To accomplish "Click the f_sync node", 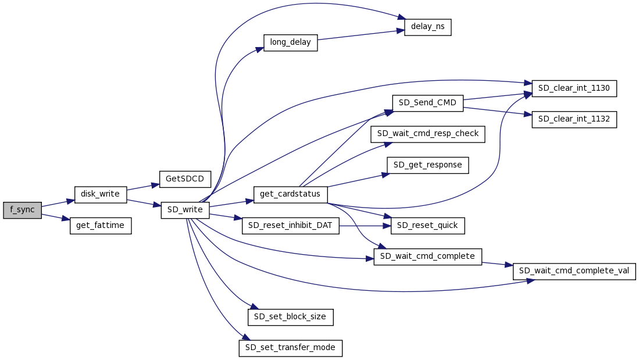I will click(x=22, y=210).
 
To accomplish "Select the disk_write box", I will click(x=100, y=194).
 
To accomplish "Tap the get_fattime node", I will click(x=101, y=226).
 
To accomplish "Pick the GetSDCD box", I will click(x=185, y=179).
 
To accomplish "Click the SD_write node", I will click(x=185, y=210).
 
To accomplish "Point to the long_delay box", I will click(x=290, y=42).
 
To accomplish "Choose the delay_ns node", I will click(x=427, y=27).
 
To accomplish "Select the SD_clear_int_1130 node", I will click(x=573, y=88).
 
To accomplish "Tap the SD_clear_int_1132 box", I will click(x=574, y=119).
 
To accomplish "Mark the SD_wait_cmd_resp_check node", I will click(x=427, y=134).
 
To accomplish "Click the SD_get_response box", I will click(x=427, y=165).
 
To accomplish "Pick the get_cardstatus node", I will click(x=290, y=194).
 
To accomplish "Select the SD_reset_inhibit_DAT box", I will click(x=290, y=226).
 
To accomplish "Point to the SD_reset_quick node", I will click(x=427, y=226).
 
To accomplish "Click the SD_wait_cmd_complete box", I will click(x=427, y=256).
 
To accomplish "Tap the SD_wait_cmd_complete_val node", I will click(x=574, y=271).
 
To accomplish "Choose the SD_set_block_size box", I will click(x=290, y=317).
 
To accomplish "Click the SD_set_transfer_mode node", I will click(x=290, y=348).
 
